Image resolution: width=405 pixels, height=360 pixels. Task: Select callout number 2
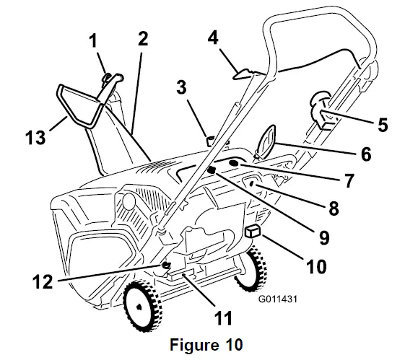click(x=143, y=40)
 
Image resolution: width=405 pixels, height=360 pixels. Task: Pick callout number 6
click(x=366, y=154)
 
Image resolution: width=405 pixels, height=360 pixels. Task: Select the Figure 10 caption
click(x=202, y=342)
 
